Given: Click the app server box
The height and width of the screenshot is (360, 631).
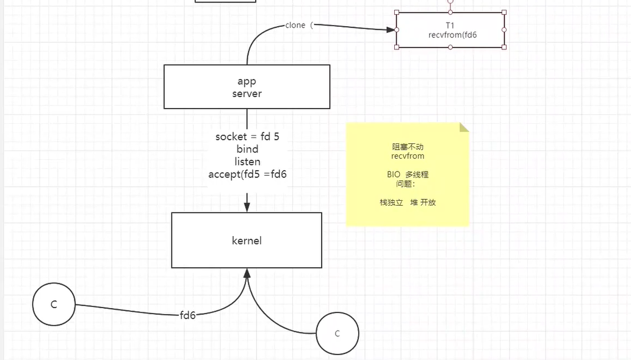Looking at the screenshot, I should tap(247, 87).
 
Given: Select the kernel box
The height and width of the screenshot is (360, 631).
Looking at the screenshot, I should tap(247, 240).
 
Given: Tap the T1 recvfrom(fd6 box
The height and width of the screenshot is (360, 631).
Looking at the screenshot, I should tap(450, 30).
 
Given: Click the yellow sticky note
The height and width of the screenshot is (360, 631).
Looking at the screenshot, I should tap(408, 183).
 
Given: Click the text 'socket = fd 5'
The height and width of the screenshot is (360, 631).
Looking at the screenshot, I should tap(247, 137).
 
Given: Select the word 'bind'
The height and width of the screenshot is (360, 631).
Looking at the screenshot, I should tap(247, 149).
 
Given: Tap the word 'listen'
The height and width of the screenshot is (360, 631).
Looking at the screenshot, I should tap(247, 162).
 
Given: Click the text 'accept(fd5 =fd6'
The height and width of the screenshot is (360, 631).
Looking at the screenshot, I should tap(247, 175).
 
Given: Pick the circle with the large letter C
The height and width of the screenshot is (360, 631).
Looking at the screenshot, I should tap(54, 304).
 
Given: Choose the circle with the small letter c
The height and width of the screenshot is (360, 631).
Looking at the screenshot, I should tap(337, 333).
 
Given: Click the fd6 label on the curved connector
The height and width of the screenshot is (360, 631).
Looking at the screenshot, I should tap(188, 315).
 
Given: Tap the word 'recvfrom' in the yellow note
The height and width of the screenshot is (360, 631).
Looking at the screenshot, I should tap(408, 156).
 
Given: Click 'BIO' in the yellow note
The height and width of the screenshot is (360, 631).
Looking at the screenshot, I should tap(394, 175).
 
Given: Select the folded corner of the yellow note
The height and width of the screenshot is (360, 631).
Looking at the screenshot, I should tap(464, 128).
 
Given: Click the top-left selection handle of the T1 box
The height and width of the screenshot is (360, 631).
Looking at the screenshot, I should tap(397, 12).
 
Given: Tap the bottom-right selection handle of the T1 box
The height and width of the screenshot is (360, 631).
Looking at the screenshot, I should tap(504, 47).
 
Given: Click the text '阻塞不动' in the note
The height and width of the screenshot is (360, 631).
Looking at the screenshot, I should tap(408, 147).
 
